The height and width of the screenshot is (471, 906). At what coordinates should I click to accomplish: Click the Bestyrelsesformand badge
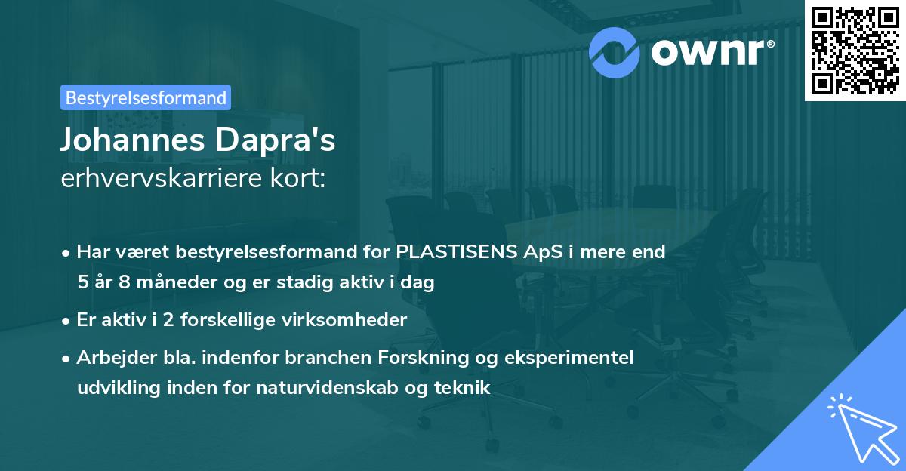point(146,97)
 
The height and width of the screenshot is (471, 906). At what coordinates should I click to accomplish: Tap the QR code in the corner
point(855,50)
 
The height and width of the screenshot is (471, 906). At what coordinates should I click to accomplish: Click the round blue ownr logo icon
point(615,53)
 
